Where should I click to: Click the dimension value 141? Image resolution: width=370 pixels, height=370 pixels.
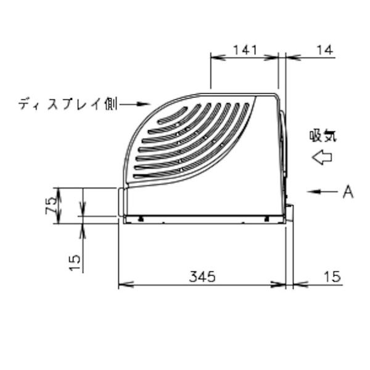pyautogui.click(x=245, y=50)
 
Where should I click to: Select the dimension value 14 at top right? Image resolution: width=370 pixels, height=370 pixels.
pyautogui.click(x=325, y=50)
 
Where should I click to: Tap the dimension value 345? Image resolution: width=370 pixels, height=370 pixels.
pyautogui.click(x=202, y=276)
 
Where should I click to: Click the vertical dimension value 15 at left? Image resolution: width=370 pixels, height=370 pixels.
pyautogui.click(x=75, y=263)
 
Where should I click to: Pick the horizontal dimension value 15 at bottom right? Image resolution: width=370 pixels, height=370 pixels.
pyautogui.click(x=332, y=276)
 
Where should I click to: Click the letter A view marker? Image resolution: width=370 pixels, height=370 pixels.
pyautogui.click(x=348, y=192)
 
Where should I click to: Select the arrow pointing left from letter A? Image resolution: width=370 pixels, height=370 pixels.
pyautogui.click(x=323, y=192)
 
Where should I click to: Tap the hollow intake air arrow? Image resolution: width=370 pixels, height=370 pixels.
pyautogui.click(x=322, y=157)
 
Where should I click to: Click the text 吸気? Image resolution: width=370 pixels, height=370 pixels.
pyautogui.click(x=323, y=136)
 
